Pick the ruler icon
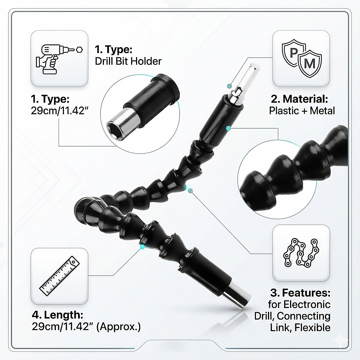(x=59, y=276)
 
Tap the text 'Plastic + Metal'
(x=302, y=110)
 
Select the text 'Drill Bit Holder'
(x=128, y=61)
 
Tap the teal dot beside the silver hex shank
(x=229, y=85)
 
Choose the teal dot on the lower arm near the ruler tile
(x=142, y=247)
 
